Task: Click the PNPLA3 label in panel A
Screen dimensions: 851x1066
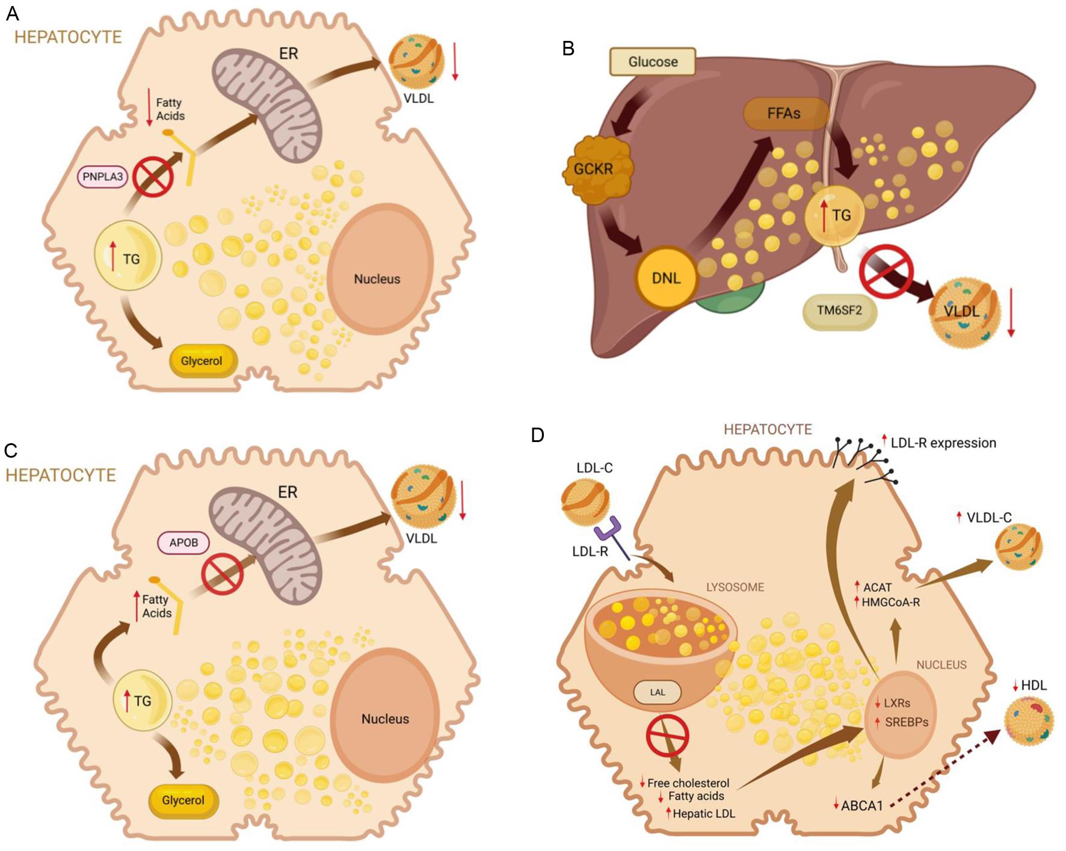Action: pyautogui.click(x=102, y=177)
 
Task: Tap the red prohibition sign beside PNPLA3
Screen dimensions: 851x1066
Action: pyautogui.click(x=153, y=177)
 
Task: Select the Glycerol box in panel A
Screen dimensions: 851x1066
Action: pyautogui.click(x=202, y=361)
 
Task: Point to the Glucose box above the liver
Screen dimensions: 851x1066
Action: pyautogui.click(x=653, y=61)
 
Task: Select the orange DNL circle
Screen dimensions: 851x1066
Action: pyautogui.click(x=666, y=277)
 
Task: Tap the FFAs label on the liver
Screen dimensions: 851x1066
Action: pyautogui.click(x=783, y=113)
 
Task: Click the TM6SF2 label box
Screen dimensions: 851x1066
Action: pyautogui.click(x=839, y=310)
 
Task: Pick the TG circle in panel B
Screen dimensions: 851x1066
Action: pyautogui.click(x=835, y=215)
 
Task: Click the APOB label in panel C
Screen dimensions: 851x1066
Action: pyautogui.click(x=183, y=542)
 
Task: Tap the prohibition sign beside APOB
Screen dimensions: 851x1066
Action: pyautogui.click(x=222, y=574)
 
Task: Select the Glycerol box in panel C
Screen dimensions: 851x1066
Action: pyautogui.click(x=183, y=800)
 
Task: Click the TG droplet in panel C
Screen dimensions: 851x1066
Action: pyautogui.click(x=143, y=701)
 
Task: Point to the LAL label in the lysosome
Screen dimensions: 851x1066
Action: pyautogui.click(x=658, y=692)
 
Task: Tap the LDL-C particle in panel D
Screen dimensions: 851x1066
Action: pyautogui.click(x=585, y=500)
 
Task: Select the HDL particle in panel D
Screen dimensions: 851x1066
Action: pyautogui.click(x=1029, y=720)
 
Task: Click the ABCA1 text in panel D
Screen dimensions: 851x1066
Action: pyautogui.click(x=861, y=806)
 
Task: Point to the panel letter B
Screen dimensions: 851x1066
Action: pyautogui.click(x=568, y=49)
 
